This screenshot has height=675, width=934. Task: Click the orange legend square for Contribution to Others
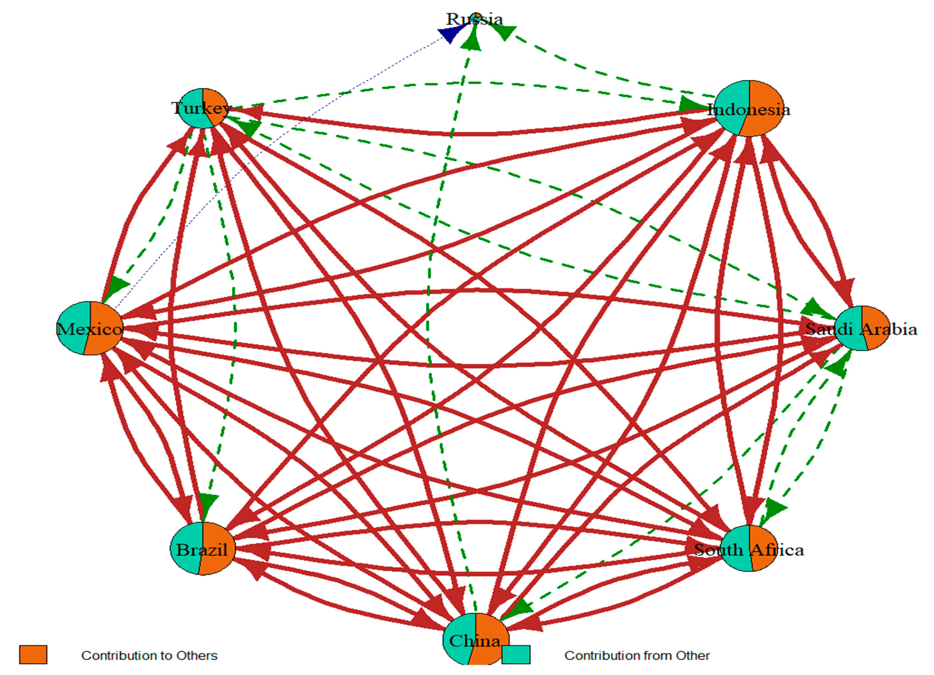(x=33, y=655)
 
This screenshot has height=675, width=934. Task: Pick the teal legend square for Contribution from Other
(x=516, y=655)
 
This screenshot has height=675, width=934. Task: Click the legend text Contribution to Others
(x=149, y=655)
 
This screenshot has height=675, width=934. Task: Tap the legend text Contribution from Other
(x=637, y=655)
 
